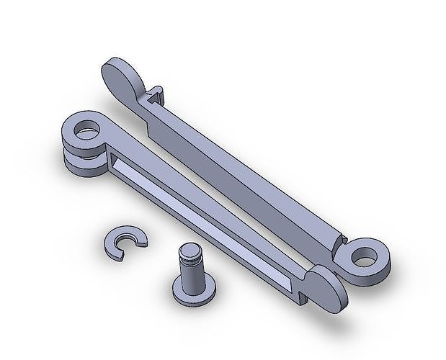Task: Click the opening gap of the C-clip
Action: (x=134, y=246)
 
